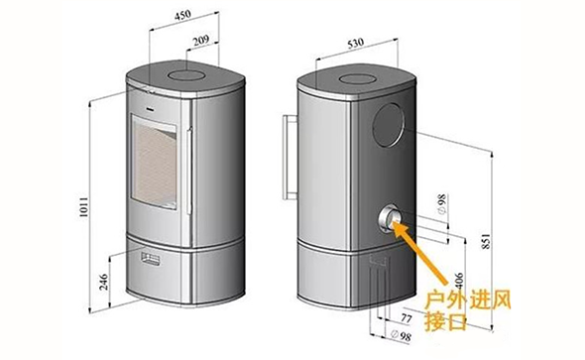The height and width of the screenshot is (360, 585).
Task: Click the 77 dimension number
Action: coord(407,319)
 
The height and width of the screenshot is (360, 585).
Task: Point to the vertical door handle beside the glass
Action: coord(185,168)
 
